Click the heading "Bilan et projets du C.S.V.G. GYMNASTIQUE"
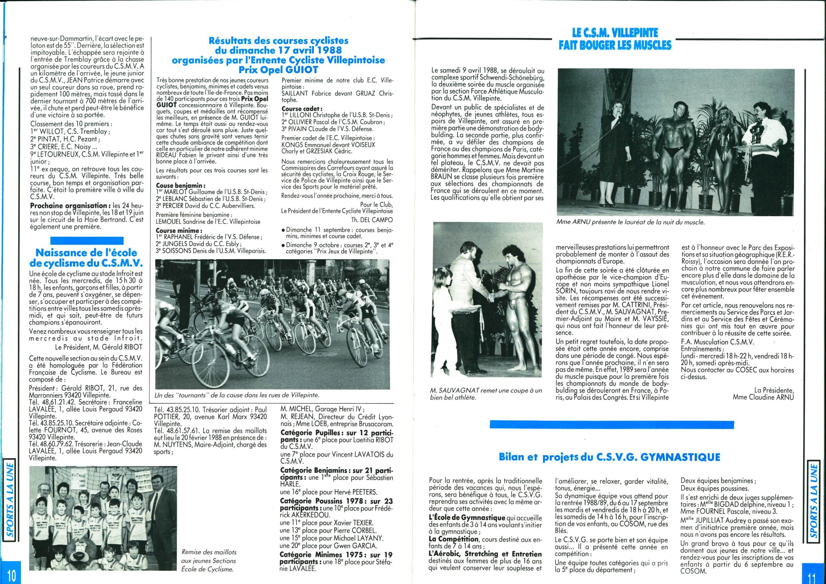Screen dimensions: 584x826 click(x=609, y=457)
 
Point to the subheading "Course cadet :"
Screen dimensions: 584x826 click(x=297, y=109)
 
